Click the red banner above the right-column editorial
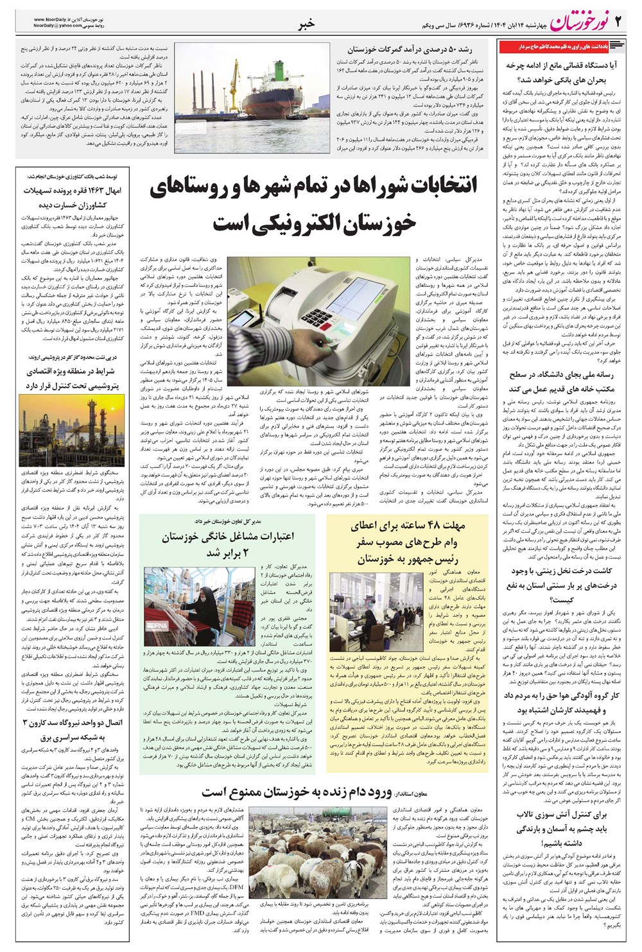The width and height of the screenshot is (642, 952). click(553, 46)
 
